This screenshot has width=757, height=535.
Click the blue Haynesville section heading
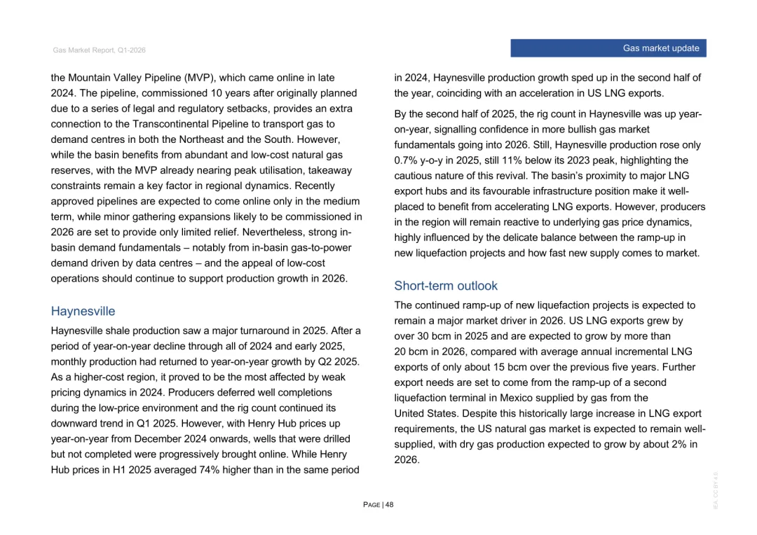pos(83,311)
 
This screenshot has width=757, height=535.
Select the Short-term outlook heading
pos(446,286)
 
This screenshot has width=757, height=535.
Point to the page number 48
pos(389,505)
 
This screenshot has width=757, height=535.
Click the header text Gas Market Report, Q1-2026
pos(99,50)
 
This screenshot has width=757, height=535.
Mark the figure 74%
pos(210,470)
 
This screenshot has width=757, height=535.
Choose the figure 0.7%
pos(405,160)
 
